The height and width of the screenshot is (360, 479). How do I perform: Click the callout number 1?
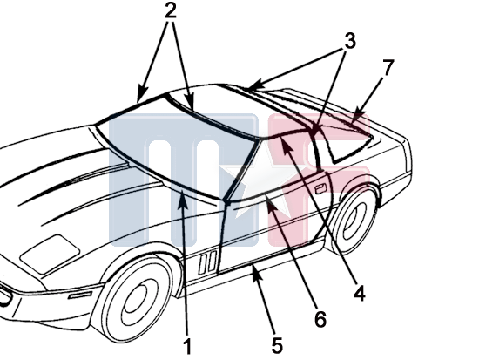pyautogui.click(x=188, y=346)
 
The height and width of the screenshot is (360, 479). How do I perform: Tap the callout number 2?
pyautogui.click(x=171, y=11)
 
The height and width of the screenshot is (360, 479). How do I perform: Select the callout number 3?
pyautogui.click(x=350, y=41)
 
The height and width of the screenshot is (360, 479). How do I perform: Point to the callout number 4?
pyautogui.click(x=360, y=293)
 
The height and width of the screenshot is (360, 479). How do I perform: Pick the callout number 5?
pyautogui.click(x=277, y=346)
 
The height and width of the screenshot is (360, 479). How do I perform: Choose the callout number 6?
pyautogui.click(x=320, y=319)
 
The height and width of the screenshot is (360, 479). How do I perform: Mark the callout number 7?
pyautogui.click(x=388, y=68)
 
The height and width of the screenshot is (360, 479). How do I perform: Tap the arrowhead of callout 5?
pyautogui.click(x=256, y=271)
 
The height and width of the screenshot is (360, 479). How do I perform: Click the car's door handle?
pyautogui.click(x=320, y=189)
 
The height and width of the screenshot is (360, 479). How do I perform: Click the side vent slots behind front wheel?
pyautogui.click(x=208, y=262)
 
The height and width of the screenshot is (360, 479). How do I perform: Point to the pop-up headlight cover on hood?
pyautogui.click(x=50, y=254)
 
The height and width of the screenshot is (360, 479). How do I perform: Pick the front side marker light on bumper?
pyautogui.click(x=80, y=295)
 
